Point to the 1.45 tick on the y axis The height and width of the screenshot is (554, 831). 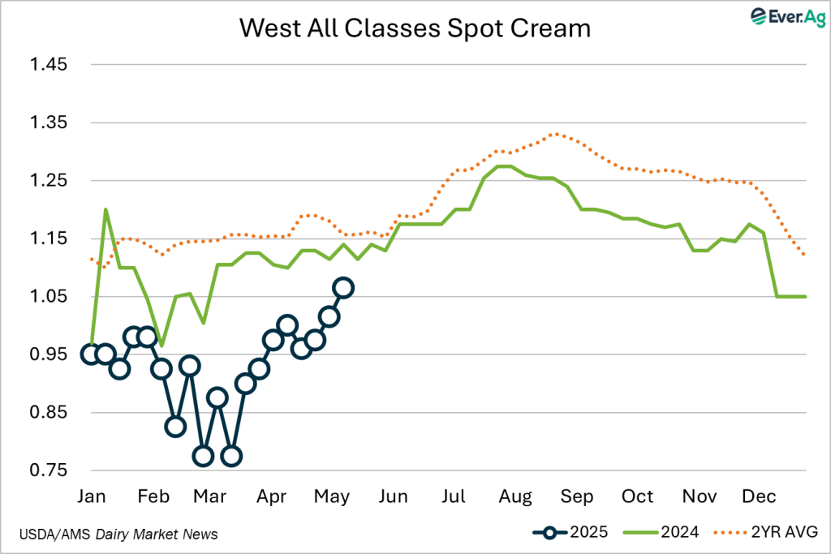click(x=50, y=65)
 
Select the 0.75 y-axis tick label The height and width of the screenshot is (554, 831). click(x=50, y=471)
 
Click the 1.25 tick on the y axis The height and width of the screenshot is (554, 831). click(x=50, y=181)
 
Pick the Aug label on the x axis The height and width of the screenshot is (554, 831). click(x=516, y=496)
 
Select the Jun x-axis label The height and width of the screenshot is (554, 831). click(x=394, y=496)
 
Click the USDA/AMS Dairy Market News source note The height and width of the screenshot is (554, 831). click(x=118, y=534)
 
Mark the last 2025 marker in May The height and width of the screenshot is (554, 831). click(x=343, y=287)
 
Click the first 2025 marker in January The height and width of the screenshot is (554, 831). click(x=91, y=354)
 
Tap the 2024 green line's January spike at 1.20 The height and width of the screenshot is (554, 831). click(x=105, y=209)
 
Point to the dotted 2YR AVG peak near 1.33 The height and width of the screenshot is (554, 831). click(x=554, y=134)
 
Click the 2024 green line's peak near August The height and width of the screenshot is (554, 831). click(x=503, y=166)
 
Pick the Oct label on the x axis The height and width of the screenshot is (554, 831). click(x=638, y=496)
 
